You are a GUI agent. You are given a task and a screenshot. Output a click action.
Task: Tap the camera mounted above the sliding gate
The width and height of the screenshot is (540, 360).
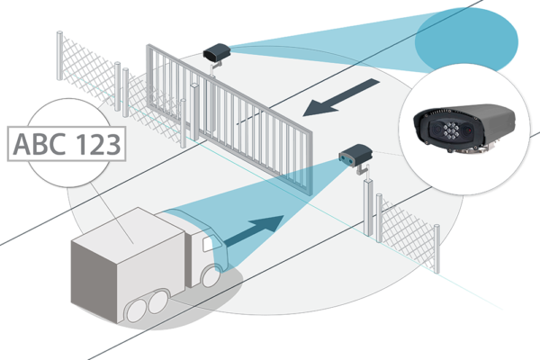coord(216,54)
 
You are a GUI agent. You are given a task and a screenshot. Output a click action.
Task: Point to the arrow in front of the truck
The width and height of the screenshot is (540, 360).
coord(270,230)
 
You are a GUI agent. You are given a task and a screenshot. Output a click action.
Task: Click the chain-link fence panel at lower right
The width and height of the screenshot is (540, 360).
coord(409,229)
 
